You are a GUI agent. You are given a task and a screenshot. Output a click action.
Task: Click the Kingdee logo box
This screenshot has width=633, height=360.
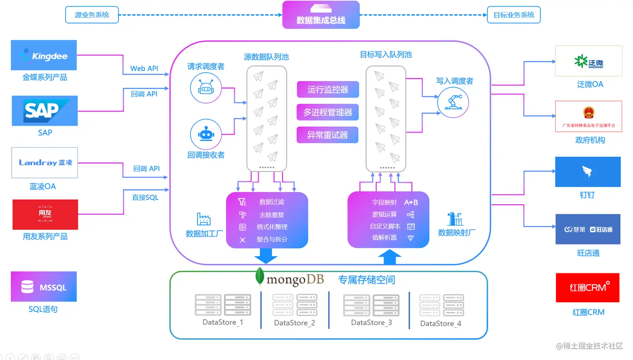click(44, 55)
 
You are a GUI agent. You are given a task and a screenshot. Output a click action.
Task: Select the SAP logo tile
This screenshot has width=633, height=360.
click(44, 111)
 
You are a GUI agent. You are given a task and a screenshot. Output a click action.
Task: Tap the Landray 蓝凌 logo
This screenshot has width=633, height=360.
click(44, 162)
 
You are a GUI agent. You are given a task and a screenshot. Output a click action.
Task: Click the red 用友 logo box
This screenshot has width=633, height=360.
click(45, 214)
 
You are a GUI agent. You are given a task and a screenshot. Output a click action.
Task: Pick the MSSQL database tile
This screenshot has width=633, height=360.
click(44, 287)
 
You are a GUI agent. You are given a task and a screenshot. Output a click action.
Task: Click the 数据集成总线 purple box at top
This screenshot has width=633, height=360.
click(321, 15)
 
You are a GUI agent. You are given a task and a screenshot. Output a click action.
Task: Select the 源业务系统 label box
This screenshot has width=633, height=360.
click(92, 15)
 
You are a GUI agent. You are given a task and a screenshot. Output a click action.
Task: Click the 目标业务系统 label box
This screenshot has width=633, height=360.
click(514, 15)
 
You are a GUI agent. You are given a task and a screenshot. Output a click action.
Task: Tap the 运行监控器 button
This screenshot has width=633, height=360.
click(328, 90)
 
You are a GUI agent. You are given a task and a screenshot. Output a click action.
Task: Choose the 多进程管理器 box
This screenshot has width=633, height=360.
click(328, 112)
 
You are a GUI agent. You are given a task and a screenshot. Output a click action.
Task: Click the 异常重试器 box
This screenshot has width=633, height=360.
click(328, 135)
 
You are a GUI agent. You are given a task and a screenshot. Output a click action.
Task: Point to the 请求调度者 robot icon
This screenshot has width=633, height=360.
click(206, 88)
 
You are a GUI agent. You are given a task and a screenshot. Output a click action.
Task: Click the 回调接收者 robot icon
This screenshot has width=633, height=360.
click(206, 134)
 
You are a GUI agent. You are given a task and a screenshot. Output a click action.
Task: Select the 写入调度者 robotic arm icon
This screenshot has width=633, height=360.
click(453, 102)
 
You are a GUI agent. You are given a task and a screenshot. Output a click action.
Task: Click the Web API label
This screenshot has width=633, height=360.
click(144, 68)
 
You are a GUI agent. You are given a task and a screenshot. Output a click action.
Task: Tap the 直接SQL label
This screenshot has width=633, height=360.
click(145, 197)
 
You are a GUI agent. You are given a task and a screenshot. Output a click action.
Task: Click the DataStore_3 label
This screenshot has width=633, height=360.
click(371, 322)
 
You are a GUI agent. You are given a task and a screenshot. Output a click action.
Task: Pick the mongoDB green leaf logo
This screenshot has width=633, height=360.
click(260, 276)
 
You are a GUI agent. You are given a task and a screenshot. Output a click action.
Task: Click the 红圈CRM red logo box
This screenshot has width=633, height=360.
click(587, 288)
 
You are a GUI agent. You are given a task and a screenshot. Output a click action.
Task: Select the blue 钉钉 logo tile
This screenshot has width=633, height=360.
click(587, 172)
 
